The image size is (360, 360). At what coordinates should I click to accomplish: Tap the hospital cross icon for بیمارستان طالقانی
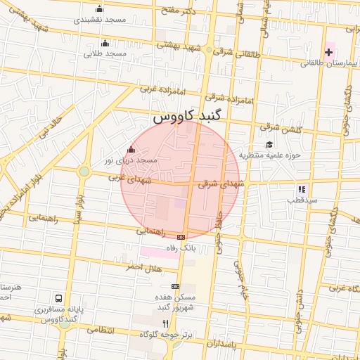[328, 52]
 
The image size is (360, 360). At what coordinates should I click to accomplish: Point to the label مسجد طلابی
[105, 53]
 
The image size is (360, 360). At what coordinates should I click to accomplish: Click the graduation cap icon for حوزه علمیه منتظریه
[269, 144]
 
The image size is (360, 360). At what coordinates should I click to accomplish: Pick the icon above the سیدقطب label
[302, 189]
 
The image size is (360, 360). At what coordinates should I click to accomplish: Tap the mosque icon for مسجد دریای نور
[130, 150]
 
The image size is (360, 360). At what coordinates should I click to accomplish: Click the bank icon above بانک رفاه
[181, 237]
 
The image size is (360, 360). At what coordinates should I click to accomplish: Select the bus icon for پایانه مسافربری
[60, 298]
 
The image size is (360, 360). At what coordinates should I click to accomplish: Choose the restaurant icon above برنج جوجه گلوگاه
[166, 323]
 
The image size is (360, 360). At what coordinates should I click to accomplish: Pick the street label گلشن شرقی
[278, 129]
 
